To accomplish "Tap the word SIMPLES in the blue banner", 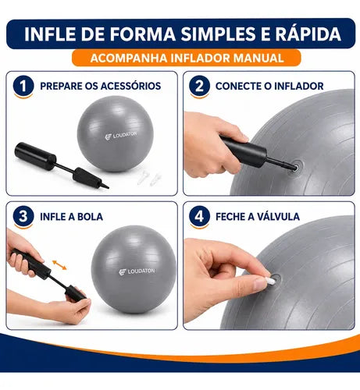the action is pyautogui.click(x=219, y=34).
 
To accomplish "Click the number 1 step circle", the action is pyautogui.click(x=23, y=86).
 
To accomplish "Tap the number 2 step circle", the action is pyautogui.click(x=199, y=86).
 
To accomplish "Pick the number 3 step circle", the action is pyautogui.click(x=23, y=216).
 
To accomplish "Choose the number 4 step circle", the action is pyautogui.click(x=199, y=216).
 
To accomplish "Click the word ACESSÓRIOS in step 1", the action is pyautogui.click(x=130, y=86).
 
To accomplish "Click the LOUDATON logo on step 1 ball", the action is pyautogui.click(x=121, y=136).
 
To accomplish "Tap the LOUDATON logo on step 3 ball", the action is pyautogui.click(x=137, y=271).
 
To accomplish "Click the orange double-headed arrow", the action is pyautogui.click(x=59, y=265).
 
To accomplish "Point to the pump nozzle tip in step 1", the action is pyautogui.click(x=108, y=187).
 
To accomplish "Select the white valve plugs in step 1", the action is pyautogui.click(x=149, y=179).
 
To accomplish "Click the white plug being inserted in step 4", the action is pyautogui.click(x=271, y=280).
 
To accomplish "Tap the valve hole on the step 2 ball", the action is pyautogui.click(x=296, y=165).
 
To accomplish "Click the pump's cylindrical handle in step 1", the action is pyautogui.click(x=35, y=156).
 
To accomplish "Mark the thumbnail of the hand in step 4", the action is pyautogui.click(x=261, y=284).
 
